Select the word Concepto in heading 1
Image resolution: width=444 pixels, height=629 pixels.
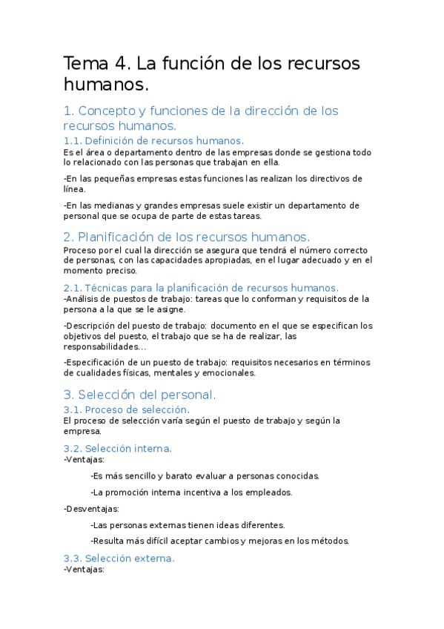click(x=108, y=111)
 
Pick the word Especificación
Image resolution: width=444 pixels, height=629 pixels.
click(x=101, y=363)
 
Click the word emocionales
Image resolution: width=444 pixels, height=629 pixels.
click(x=229, y=373)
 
